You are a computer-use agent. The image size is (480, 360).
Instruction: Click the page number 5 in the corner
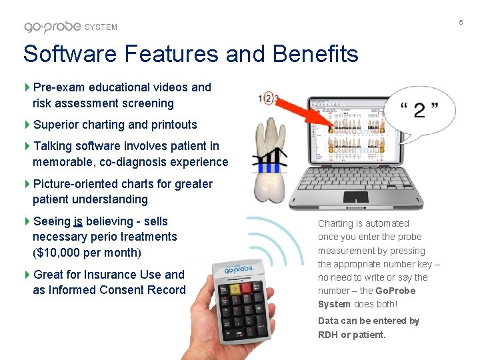[460, 23]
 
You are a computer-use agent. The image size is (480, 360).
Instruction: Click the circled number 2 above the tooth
[268, 98]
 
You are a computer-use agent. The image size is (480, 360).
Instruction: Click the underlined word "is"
[78, 221]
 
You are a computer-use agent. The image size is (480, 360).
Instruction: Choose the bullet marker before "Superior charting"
[27, 125]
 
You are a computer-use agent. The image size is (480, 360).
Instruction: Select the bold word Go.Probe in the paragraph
[395, 291]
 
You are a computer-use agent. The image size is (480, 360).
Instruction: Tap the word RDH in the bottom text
[328, 335]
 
